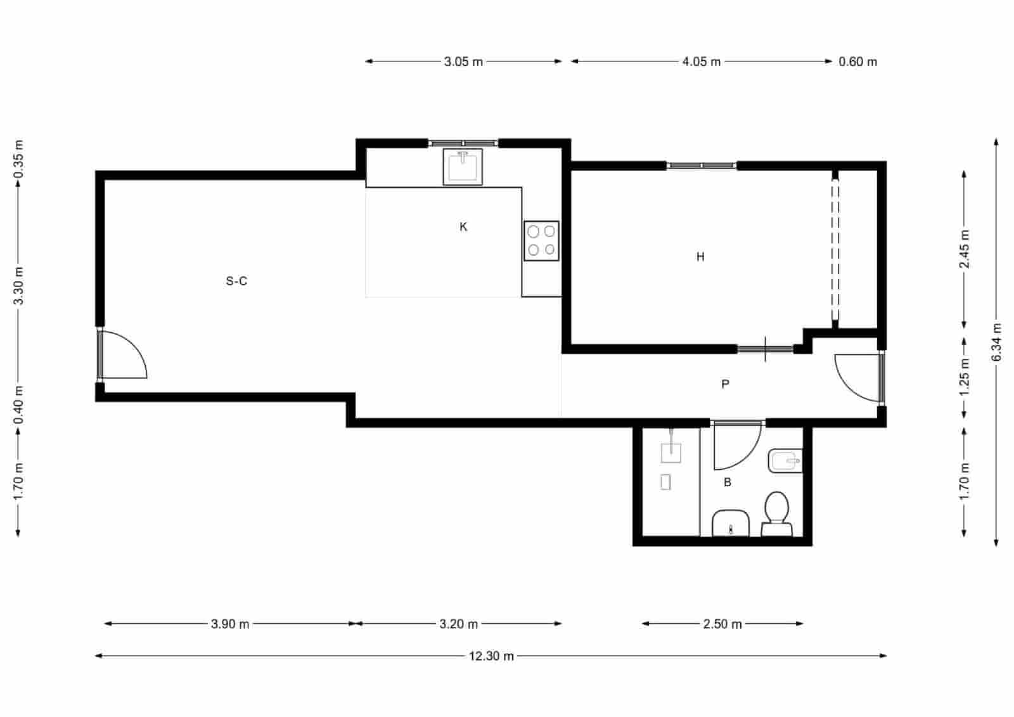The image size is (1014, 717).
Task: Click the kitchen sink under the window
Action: click(463, 167)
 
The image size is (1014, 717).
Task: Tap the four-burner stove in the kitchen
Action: click(541, 241)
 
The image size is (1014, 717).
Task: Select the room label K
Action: click(463, 227)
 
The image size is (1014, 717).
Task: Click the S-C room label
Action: click(236, 281)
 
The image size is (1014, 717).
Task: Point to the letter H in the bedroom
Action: click(700, 257)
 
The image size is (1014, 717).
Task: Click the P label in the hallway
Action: click(725, 384)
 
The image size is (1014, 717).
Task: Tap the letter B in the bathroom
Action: click(728, 482)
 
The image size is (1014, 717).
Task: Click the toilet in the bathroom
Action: click(776, 514)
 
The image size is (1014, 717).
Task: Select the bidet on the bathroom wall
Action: click(785, 461)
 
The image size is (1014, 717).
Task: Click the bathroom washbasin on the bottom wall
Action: click(731, 523)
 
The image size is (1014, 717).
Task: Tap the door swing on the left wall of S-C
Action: click(125, 355)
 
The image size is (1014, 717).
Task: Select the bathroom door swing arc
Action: click(736, 446)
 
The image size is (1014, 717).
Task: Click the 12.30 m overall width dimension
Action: click(491, 656)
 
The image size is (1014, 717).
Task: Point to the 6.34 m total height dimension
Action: click(996, 342)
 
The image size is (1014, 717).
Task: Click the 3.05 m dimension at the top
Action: click(463, 61)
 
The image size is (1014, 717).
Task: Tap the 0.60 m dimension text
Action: click(857, 61)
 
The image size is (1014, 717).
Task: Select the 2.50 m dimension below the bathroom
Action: click(722, 624)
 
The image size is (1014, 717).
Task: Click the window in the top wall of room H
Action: click(702, 165)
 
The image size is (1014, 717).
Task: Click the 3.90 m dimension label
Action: click(230, 624)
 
